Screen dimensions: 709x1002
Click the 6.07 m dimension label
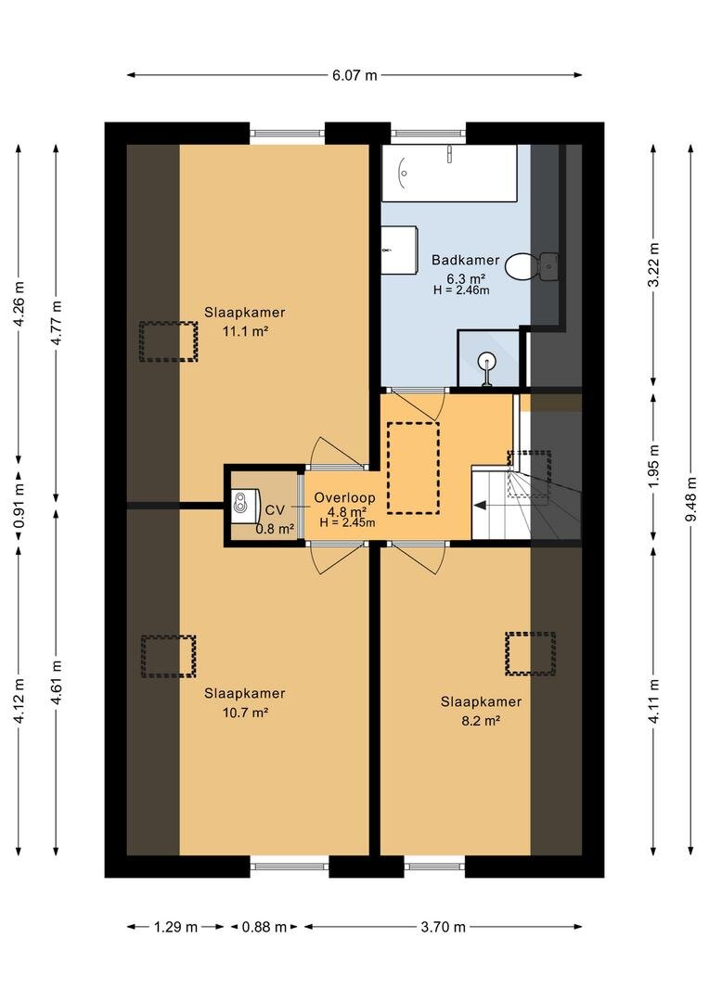click(354, 75)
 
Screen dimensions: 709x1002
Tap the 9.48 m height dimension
click(691, 499)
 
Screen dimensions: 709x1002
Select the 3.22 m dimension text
click(654, 265)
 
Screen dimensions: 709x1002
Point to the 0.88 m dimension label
click(264, 927)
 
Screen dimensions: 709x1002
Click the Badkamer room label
click(465, 260)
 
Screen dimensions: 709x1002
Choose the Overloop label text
click(344, 498)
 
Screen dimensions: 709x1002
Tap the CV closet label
click(275, 510)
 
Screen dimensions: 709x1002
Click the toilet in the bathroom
click(521, 266)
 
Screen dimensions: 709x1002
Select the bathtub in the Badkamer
click(449, 173)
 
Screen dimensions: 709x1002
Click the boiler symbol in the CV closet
click(245, 502)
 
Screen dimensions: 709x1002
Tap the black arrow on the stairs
click(479, 506)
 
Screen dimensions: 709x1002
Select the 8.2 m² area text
click(482, 720)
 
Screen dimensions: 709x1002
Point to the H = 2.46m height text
click(461, 290)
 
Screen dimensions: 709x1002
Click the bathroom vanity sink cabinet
click(400, 249)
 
